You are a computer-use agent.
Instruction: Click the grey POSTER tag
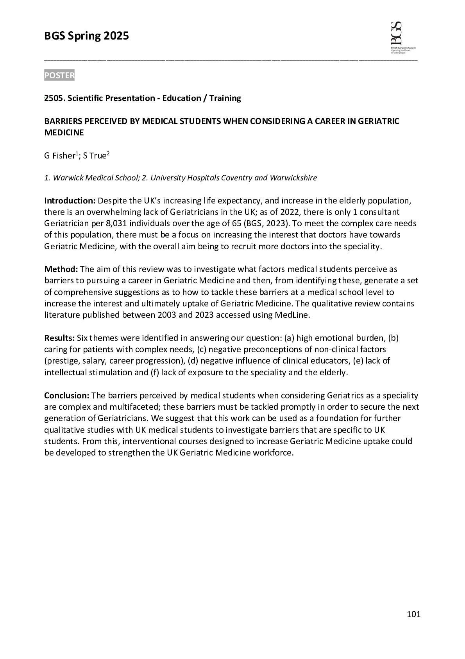[59, 75]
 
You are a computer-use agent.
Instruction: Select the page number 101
[413, 614]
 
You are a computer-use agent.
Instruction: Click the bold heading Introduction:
[70, 201]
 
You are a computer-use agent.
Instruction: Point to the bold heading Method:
[61, 269]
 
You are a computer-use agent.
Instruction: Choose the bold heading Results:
[59, 338]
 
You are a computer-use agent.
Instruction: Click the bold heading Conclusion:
[67, 395]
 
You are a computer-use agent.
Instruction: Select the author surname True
[98, 156]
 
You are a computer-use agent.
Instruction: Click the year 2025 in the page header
[116, 36]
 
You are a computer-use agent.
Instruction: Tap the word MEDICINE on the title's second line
[64, 133]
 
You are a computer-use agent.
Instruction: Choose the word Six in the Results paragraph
[83, 338]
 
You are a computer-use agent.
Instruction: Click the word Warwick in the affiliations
[66, 178]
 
